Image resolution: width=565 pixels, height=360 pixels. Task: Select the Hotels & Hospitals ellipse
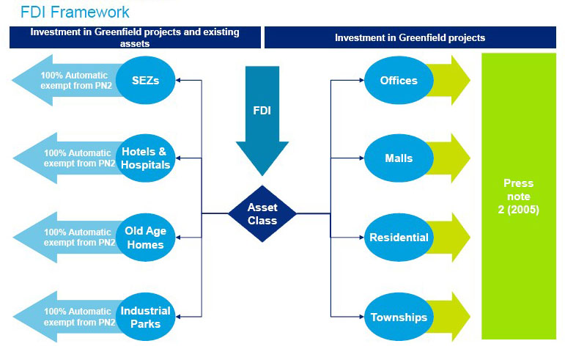click(145, 158)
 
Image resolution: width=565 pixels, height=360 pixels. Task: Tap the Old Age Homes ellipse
click(145, 238)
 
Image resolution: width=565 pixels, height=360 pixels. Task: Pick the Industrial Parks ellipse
click(145, 317)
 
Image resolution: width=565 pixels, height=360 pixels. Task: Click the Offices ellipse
click(399, 80)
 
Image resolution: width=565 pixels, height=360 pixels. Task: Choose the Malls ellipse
click(399, 158)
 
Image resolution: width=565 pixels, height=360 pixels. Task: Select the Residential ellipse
click(399, 238)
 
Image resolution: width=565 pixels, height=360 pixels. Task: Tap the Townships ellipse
click(399, 317)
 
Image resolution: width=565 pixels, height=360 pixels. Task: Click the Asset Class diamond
click(262, 214)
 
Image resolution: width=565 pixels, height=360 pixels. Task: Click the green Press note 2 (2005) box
click(519, 196)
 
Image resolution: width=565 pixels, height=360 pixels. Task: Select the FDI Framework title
click(75, 12)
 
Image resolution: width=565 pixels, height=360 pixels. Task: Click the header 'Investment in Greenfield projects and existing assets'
click(135, 37)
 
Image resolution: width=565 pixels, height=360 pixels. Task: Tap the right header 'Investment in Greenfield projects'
click(410, 37)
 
